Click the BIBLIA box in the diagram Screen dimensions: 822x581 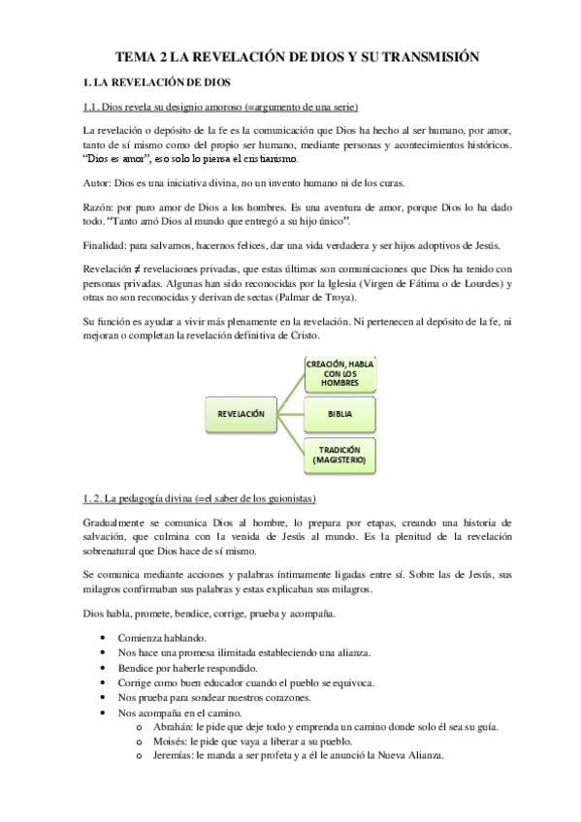pyautogui.click(x=339, y=414)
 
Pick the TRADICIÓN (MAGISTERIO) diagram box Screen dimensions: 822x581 pyautogui.click(x=339, y=456)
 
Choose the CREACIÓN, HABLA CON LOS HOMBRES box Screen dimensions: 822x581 pyautogui.click(x=339, y=372)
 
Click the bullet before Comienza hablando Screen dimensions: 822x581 pyautogui.click(x=104, y=639)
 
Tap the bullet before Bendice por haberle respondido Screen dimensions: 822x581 pyautogui.click(x=104, y=669)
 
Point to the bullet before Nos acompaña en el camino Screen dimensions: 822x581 pyautogui.click(x=104, y=713)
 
